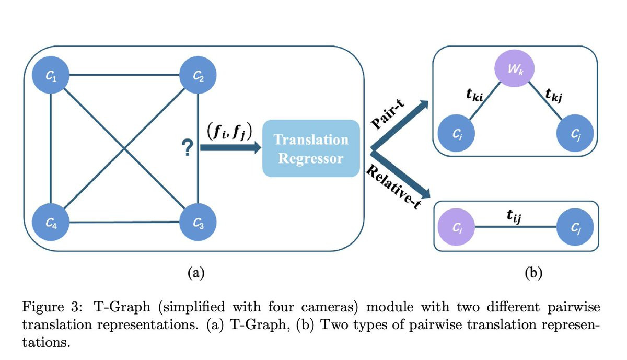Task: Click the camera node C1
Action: tap(50, 76)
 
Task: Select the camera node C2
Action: tap(198, 76)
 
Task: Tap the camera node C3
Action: tap(198, 223)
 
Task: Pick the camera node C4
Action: tap(50, 223)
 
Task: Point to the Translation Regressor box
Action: tap(311, 149)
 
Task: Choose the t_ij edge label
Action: tap(516, 215)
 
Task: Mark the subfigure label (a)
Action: tap(195, 273)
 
